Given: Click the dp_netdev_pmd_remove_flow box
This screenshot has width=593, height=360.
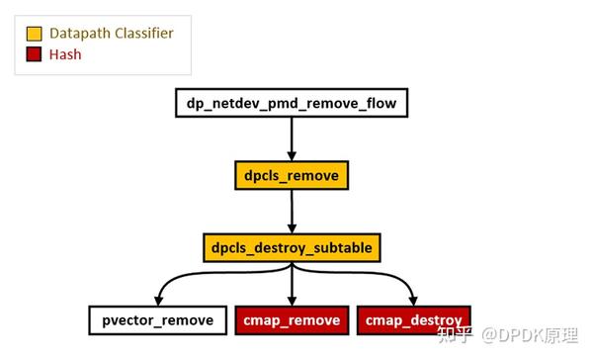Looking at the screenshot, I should (x=291, y=102).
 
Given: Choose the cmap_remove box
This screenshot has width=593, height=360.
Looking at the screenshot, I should (x=291, y=320).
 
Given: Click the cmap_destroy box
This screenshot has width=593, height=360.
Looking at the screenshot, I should (x=413, y=320).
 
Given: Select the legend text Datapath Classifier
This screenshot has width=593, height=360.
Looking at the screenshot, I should (x=111, y=34).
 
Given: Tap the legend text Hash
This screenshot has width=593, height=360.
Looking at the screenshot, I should (x=65, y=55).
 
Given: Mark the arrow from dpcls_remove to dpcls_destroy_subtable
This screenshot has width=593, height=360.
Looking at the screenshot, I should (x=291, y=210).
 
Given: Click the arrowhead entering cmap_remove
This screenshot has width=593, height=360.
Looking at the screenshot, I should (x=291, y=300).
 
